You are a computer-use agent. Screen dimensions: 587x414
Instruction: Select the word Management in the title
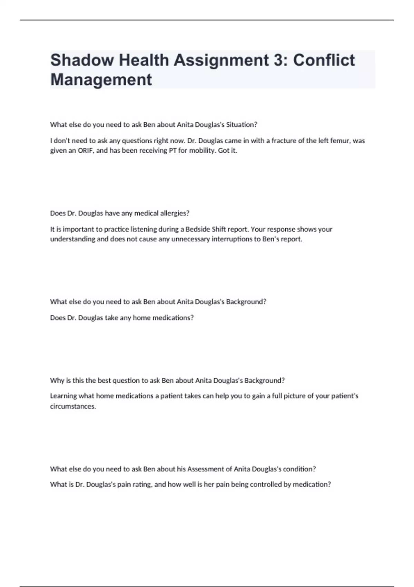coord(101,80)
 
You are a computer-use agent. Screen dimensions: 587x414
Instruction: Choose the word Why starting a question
coord(56,381)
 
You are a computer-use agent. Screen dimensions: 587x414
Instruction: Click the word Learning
coord(63,396)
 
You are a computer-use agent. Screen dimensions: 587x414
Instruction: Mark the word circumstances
coord(73,406)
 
